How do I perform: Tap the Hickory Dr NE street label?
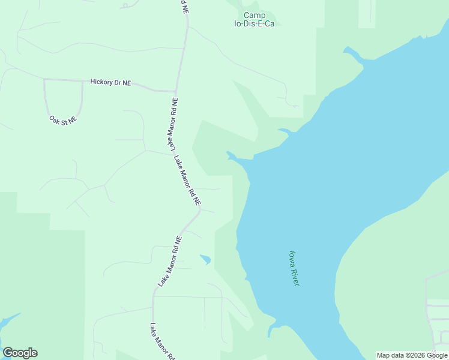coord(110,82)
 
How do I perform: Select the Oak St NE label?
coord(63,120)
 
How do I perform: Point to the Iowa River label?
coord(294,268)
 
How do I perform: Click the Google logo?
coord(20,353)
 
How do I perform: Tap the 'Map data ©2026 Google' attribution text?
coord(412,355)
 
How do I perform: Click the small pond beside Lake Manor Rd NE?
coord(205,259)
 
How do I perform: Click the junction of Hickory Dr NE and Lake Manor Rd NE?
coord(176,91)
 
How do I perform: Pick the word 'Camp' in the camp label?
coord(255,16)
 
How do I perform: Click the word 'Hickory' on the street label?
coord(100,82)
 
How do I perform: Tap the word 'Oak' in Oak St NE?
coord(55,118)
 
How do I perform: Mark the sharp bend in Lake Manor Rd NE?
coord(199,212)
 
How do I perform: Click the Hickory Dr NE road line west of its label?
coord(66,79)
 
